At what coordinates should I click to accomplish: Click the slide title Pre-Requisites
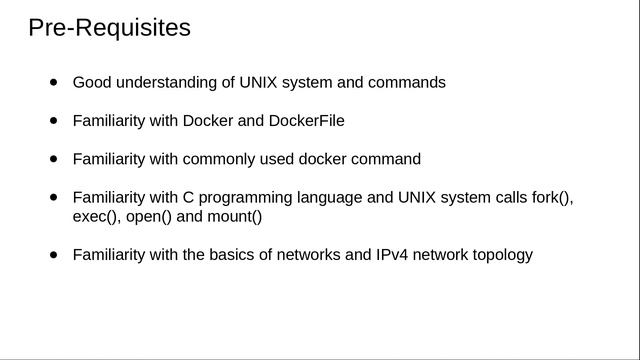(109, 28)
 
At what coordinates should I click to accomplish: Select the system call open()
(149, 216)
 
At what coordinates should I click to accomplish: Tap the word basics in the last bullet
(233, 254)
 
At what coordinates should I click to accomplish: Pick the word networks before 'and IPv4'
(309, 254)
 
